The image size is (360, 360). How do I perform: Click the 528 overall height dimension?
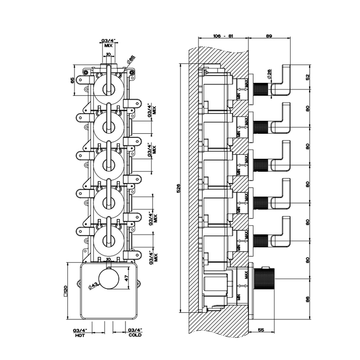(178, 189)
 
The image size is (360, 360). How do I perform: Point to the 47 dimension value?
(127, 278)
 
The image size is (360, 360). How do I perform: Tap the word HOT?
(80, 335)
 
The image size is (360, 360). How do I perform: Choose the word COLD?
(135, 335)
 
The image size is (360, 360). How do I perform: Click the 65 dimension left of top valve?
(73, 79)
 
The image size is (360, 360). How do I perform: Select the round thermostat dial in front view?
(108, 282)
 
